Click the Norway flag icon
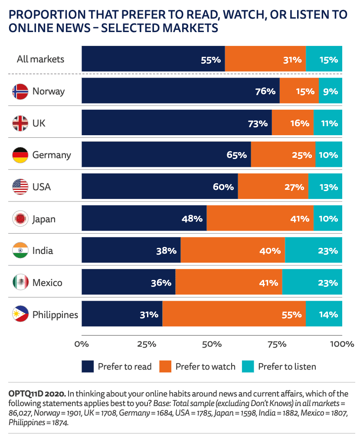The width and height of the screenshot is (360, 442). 20,91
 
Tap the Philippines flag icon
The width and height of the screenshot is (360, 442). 20,314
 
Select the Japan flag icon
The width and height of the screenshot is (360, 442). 20,219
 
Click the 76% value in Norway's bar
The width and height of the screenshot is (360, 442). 265,91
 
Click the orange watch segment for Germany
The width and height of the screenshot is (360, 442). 283,155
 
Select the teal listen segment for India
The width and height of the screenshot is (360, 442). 313,250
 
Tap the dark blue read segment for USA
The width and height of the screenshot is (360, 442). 159,187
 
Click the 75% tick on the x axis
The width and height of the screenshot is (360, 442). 277,344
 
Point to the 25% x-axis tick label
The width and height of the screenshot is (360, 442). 147,344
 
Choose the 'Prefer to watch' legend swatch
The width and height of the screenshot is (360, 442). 165,367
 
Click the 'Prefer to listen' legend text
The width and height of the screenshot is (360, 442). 287,367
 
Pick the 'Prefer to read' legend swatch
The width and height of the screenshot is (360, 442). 88,367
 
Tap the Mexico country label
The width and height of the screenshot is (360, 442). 47,283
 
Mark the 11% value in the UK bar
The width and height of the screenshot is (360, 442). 329,123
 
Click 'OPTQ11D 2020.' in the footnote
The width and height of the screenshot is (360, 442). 37,394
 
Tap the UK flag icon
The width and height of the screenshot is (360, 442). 20,123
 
